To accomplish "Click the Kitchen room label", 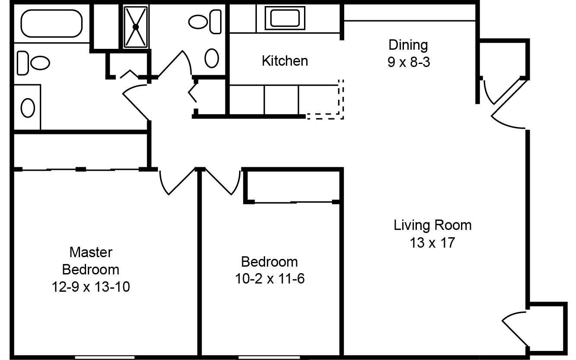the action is [285, 61].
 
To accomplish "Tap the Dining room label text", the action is [408, 45].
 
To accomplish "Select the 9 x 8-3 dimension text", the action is [409, 62].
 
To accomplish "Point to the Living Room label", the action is [432, 225].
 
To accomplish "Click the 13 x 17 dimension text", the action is [432, 242].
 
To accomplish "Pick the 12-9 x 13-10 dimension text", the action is [91, 287].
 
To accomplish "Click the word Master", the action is [91, 252].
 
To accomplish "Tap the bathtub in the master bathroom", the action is [51, 23].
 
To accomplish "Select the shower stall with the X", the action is [136, 27].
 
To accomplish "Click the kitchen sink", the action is [285, 18].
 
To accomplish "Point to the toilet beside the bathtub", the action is [33, 63].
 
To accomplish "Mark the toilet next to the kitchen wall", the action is [205, 22].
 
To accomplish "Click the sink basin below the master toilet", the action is [28, 108].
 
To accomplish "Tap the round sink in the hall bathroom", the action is [211, 58].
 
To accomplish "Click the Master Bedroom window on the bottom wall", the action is [105, 357].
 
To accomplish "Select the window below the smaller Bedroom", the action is [269, 357].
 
